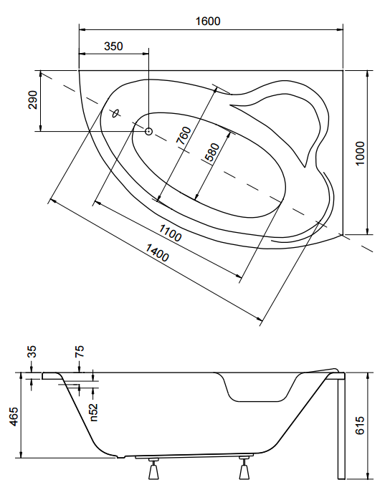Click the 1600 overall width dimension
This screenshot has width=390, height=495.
(x=208, y=21)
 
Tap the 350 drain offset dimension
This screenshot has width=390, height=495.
(x=113, y=47)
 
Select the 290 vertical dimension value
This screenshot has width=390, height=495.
(x=33, y=100)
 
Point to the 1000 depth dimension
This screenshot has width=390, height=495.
(x=360, y=153)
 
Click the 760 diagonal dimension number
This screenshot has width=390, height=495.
(x=184, y=135)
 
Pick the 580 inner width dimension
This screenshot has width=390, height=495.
(x=211, y=152)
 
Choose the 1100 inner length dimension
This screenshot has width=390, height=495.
(x=170, y=233)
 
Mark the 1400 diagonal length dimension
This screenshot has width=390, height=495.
(x=157, y=253)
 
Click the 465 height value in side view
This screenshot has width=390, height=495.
(x=14, y=416)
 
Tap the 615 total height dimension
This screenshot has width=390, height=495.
(x=360, y=426)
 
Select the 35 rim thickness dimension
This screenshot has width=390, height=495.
(x=32, y=352)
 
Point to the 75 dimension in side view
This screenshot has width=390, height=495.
(x=80, y=351)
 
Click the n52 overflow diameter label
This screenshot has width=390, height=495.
(x=94, y=413)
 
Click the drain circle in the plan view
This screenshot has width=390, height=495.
(x=148, y=131)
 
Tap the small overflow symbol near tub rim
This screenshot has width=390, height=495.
(x=116, y=113)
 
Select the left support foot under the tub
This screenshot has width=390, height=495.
(x=154, y=468)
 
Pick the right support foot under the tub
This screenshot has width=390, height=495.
(x=244, y=468)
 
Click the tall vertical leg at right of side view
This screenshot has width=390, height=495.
(x=341, y=426)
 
